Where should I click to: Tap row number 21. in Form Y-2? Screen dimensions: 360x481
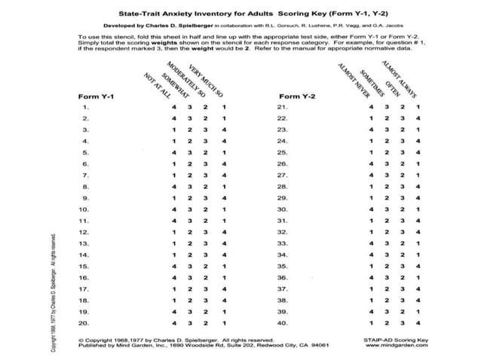coord(283,108)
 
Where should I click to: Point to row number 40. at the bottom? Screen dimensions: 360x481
coord(283,323)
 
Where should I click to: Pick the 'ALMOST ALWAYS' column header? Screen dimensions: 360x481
coord(400,77)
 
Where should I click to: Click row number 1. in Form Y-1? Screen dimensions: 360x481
coord(85,108)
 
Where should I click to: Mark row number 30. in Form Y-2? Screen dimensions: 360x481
coord(283,209)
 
